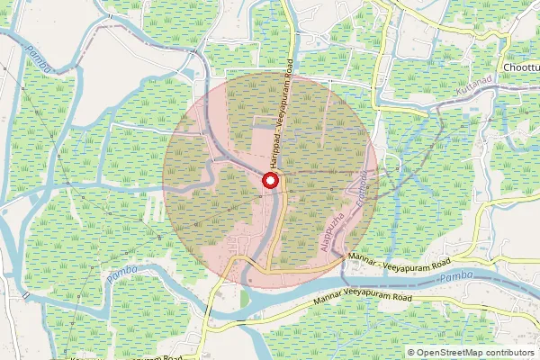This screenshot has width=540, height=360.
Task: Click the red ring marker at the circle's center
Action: [269, 181]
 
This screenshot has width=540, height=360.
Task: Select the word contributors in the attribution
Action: [508, 352]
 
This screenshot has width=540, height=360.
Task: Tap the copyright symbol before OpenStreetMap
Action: [412, 352]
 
